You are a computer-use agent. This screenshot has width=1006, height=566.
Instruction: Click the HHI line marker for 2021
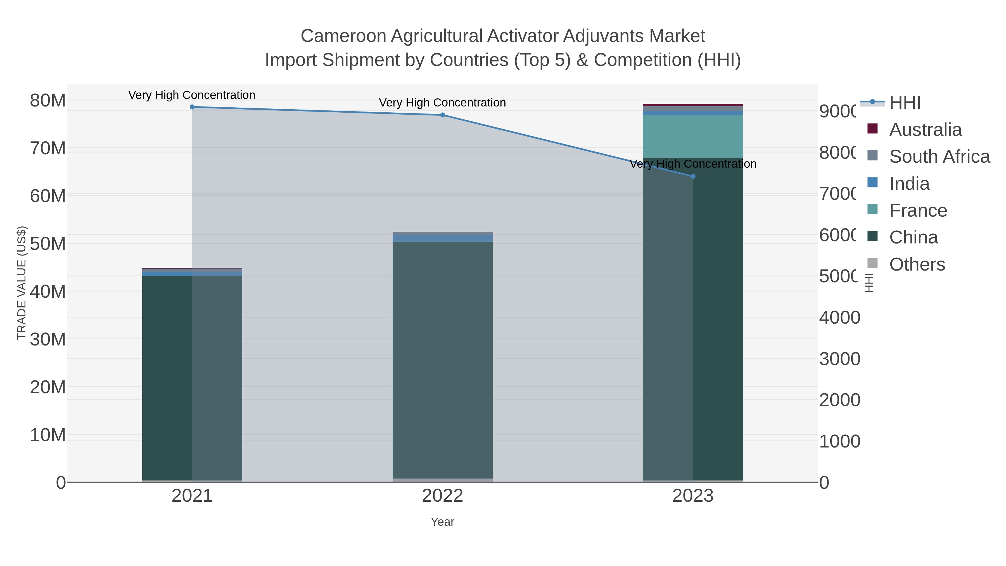click(192, 107)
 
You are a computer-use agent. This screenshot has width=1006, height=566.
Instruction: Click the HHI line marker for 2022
click(442, 115)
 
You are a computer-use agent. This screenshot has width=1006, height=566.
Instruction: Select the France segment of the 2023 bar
click(693, 136)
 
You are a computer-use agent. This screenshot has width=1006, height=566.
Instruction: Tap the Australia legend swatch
click(872, 129)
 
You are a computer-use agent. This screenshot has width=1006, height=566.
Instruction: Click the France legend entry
click(918, 210)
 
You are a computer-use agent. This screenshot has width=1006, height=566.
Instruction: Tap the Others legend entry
click(917, 264)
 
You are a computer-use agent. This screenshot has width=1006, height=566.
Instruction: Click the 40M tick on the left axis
click(48, 292)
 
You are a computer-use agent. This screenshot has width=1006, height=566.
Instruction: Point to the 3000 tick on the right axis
click(840, 359)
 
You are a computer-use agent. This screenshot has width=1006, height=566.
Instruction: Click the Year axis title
click(442, 522)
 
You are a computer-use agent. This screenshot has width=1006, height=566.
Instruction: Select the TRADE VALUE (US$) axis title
click(22, 283)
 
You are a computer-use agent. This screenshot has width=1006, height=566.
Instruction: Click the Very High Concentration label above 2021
click(192, 95)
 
